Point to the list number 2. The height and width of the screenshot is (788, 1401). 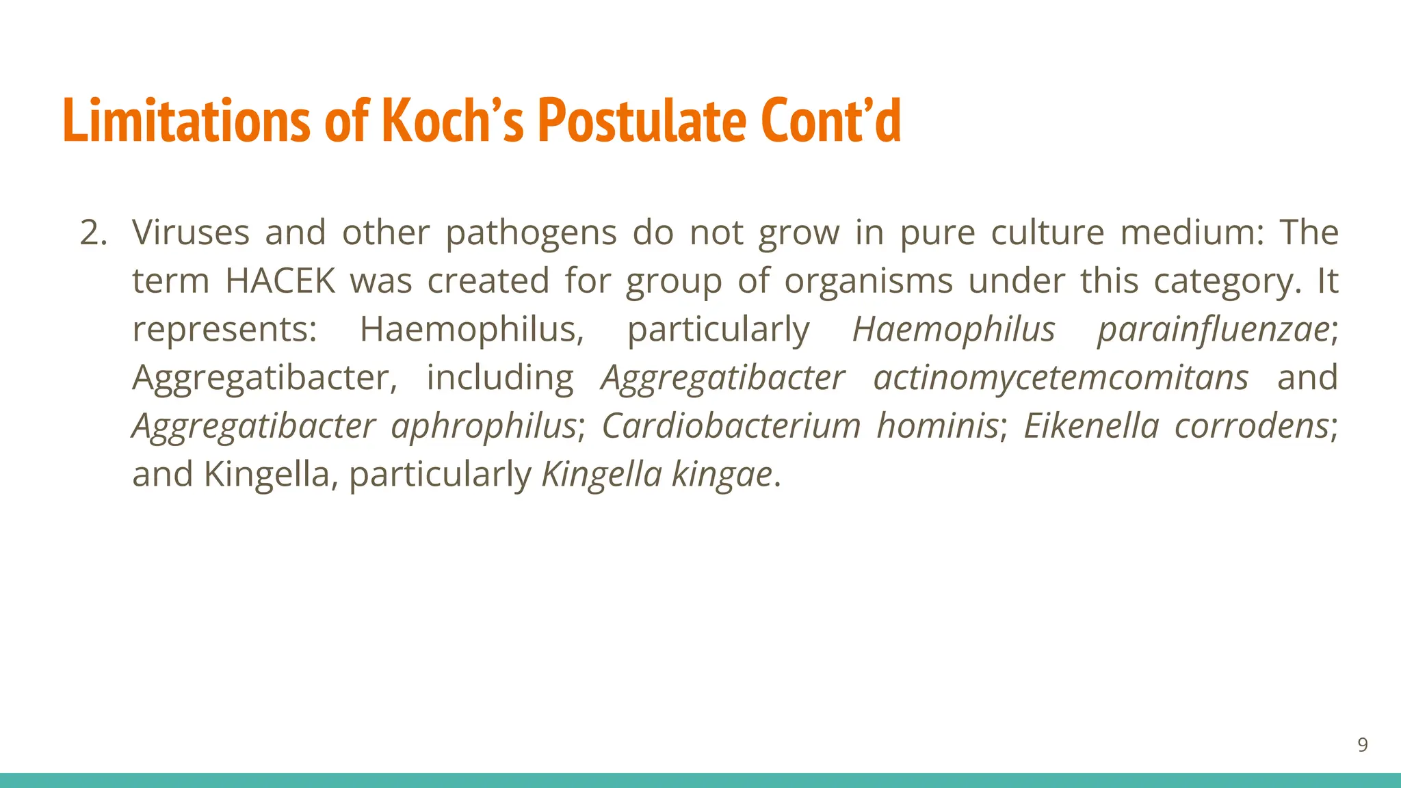[93, 233]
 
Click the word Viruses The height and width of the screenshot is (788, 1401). [190, 233]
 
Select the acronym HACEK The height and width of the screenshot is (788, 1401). [280, 281]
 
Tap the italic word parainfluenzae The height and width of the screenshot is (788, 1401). [1213, 330]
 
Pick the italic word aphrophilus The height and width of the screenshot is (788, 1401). [484, 426]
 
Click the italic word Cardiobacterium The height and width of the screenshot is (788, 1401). [731, 426]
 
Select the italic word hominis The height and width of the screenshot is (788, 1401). [937, 426]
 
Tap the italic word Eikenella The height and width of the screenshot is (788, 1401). [1090, 426]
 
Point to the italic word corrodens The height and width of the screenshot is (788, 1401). [1251, 426]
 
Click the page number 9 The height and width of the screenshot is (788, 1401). [1362, 745]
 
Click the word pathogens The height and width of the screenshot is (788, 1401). [531, 233]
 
